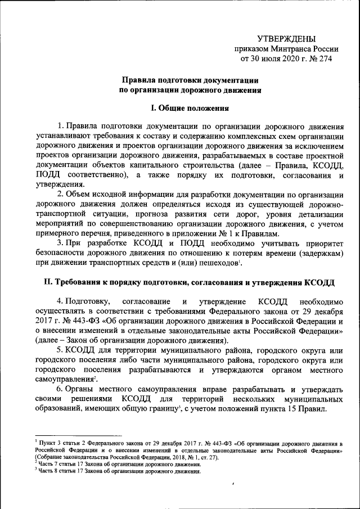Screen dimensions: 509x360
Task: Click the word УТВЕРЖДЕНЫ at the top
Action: click(x=290, y=38)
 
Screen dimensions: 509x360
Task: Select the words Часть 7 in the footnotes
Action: click(x=48, y=465)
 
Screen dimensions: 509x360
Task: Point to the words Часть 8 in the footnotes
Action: click(x=48, y=471)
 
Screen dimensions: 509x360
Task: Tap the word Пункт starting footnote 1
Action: click(x=46, y=444)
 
